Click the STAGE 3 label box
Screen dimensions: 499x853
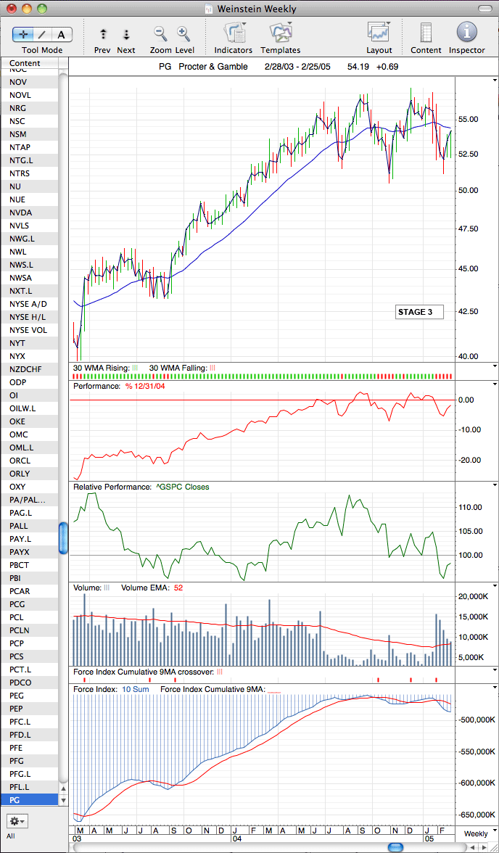419,312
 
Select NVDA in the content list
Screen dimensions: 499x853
21,213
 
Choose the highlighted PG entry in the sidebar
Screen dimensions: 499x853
16,799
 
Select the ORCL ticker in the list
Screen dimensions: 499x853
20,461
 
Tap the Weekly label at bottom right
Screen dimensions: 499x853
476,833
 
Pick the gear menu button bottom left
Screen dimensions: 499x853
17,820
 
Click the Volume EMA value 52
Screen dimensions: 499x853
178,588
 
